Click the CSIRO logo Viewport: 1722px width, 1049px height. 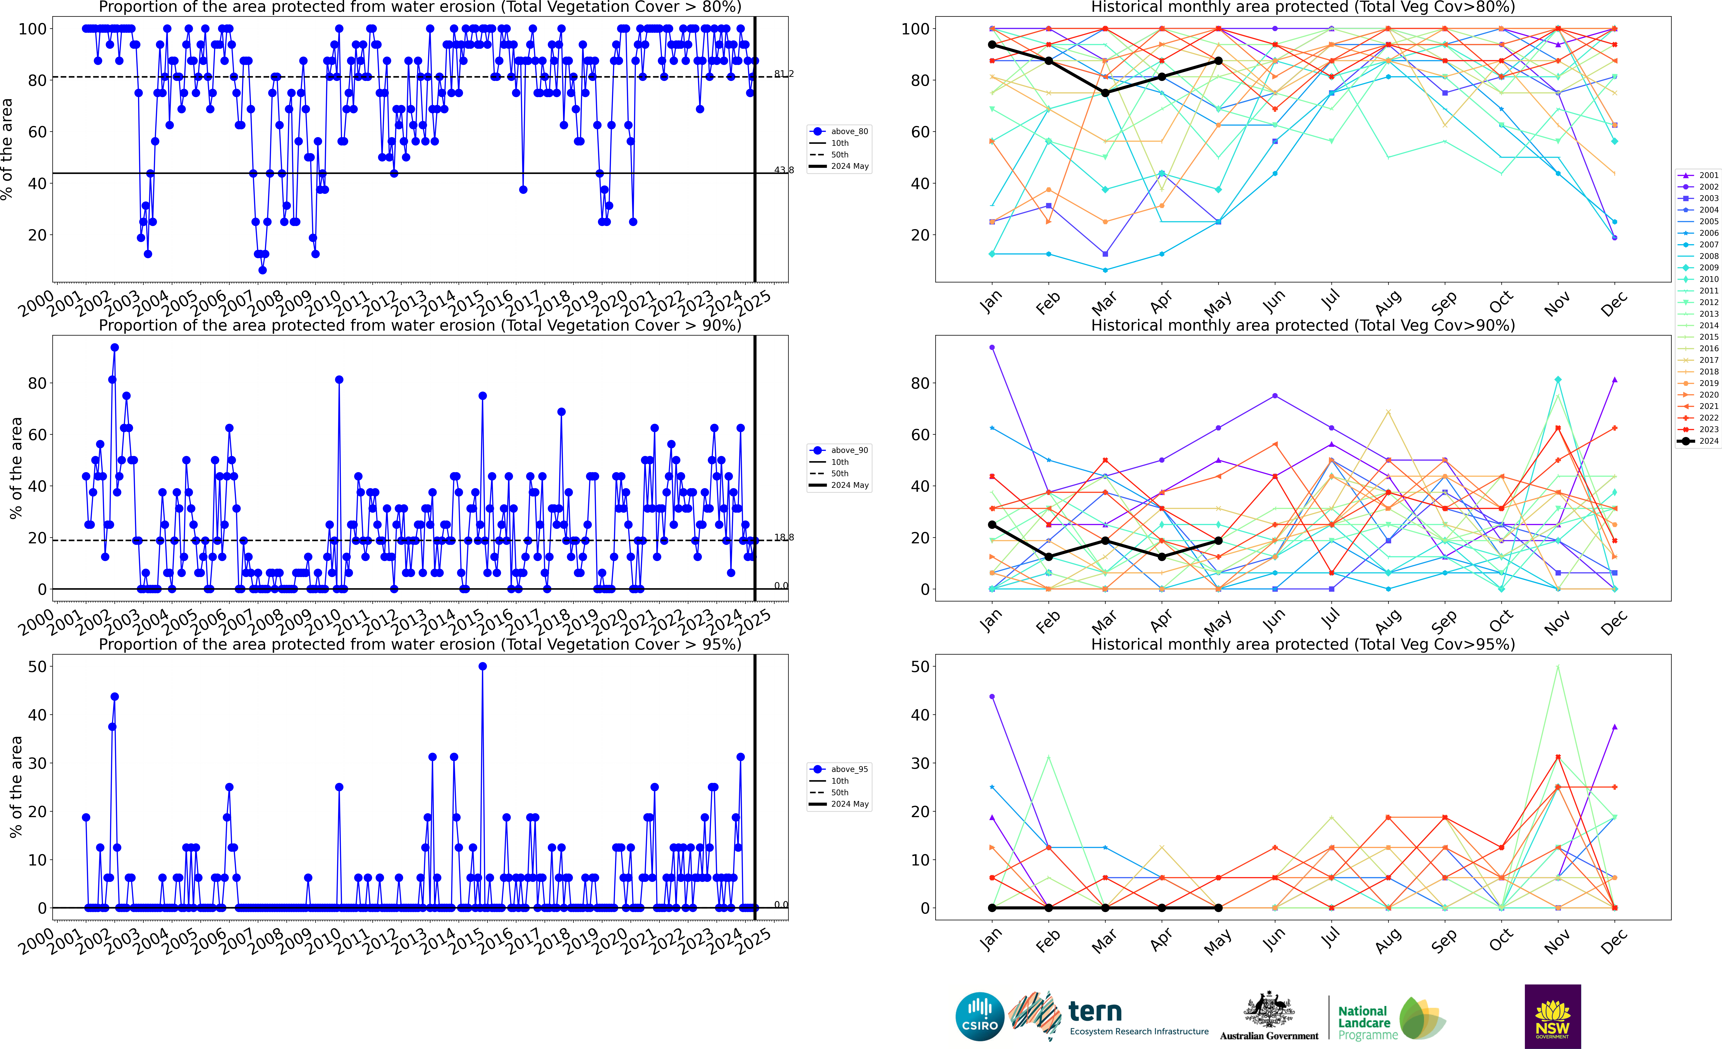979,1016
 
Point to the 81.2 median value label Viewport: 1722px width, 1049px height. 783,74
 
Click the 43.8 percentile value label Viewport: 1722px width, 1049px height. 783,170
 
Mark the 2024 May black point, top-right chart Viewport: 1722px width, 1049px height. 1218,61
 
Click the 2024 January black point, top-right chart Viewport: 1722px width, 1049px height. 992,45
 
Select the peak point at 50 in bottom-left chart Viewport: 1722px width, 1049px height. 482,667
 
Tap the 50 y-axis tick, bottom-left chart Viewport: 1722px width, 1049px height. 37,667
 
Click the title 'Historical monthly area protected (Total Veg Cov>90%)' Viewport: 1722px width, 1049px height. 1303,325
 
